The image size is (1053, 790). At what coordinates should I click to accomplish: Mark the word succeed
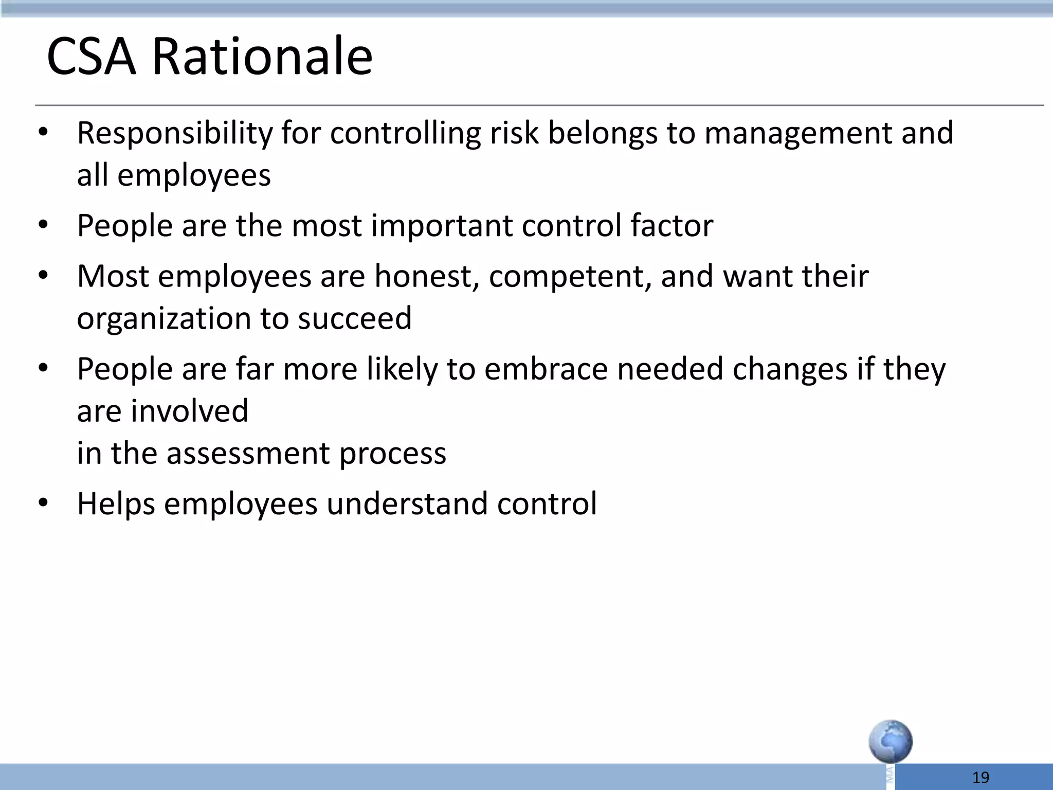355,318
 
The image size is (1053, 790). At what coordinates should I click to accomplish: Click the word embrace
546,369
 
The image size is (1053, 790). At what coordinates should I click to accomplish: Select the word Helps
116,504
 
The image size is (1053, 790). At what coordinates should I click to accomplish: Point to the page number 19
981,777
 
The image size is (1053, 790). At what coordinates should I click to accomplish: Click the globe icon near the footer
891,741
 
